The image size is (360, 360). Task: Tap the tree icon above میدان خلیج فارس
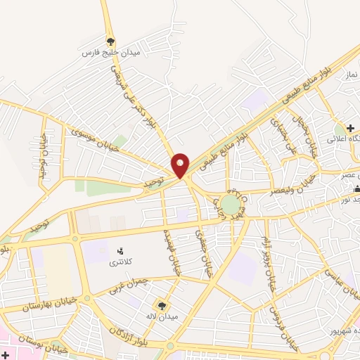coord(110,41)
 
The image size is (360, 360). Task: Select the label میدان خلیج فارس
coord(110,53)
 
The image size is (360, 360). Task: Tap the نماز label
coord(351,74)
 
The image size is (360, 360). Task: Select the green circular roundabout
coord(230,204)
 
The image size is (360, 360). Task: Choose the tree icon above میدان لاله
coord(162,304)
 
